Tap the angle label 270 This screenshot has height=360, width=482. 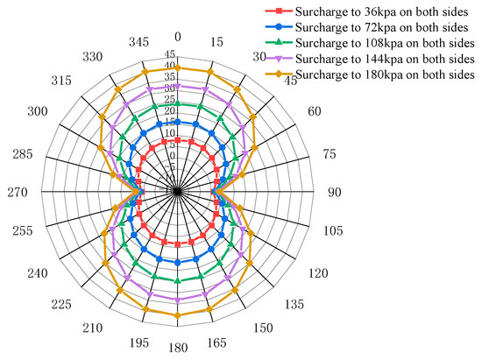click(x=16, y=192)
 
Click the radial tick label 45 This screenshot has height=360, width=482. click(x=169, y=54)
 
